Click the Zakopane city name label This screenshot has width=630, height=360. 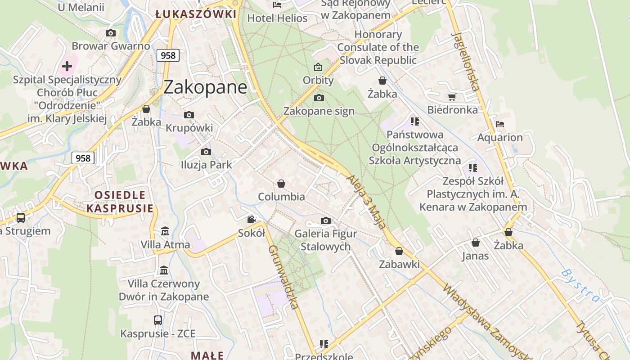[205, 87]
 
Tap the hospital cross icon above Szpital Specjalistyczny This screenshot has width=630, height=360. [67, 66]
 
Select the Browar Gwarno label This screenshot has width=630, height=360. [111, 46]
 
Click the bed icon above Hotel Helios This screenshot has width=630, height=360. [277, 5]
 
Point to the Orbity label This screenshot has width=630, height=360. [318, 80]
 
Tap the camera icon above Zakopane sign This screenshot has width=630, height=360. [319, 98]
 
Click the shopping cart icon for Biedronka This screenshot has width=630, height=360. [452, 97]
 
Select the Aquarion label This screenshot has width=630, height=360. [500, 137]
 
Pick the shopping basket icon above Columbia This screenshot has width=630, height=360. [281, 184]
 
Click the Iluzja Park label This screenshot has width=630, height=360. [206, 165]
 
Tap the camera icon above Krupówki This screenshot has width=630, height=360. [189, 115]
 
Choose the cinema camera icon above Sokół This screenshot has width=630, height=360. [251, 219]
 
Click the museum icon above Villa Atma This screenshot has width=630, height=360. [165, 231]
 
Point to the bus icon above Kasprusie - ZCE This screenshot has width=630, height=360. [158, 320]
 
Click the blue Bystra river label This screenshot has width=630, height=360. [581, 285]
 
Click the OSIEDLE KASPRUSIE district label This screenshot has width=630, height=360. [120, 202]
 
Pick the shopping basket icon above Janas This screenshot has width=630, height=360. [476, 243]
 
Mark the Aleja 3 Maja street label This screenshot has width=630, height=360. [366, 202]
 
